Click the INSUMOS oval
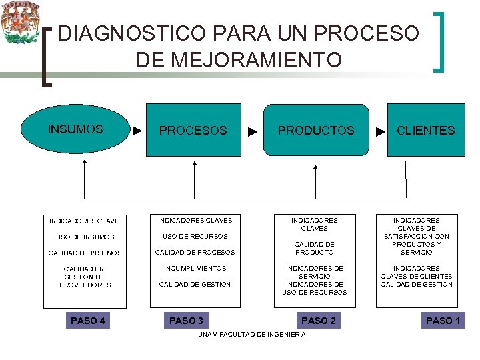[x=75, y=129]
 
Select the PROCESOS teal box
[x=193, y=130]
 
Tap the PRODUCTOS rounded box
[x=316, y=130]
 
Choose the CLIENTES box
[x=425, y=130]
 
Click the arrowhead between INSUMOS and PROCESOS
[x=137, y=130]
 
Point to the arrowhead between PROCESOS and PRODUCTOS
[x=253, y=131]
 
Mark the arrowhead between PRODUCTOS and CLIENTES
[x=380, y=131]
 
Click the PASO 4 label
[x=88, y=321]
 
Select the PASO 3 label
[x=187, y=321]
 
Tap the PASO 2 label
[x=319, y=321]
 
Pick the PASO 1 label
[x=443, y=321]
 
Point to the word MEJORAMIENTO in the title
[x=238, y=60]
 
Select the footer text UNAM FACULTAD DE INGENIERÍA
[x=252, y=334]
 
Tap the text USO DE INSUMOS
[x=85, y=237]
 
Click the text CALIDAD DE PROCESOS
[x=195, y=252]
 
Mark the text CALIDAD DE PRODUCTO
[x=314, y=248]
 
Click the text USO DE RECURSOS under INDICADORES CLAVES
[x=195, y=236]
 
